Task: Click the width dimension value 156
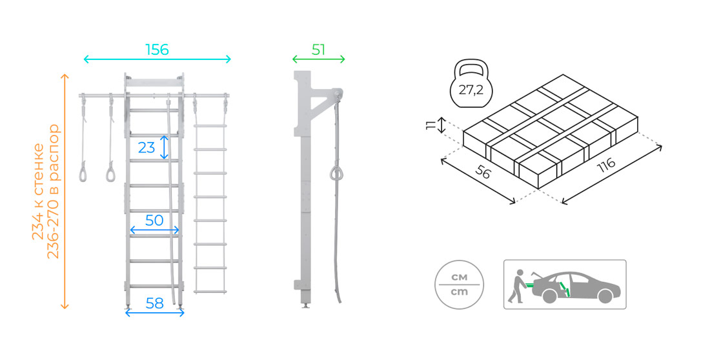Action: coord(157,50)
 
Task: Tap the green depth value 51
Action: coord(318,50)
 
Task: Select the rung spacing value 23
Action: coord(147,147)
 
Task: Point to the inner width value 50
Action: coord(154,221)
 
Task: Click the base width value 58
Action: coord(154,303)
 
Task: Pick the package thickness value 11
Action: coord(430,125)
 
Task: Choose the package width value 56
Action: coord(483,172)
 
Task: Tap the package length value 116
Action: coord(606,165)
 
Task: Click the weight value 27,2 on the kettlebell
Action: coord(471,90)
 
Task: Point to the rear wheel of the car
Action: coord(549,296)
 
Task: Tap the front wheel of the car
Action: coord(605,296)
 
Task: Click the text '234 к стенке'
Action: coord(38,192)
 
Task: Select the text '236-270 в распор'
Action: coord(53,191)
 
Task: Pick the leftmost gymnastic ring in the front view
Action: coord(83,174)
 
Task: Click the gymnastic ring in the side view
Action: coord(336,174)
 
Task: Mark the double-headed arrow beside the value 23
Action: coord(164,147)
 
